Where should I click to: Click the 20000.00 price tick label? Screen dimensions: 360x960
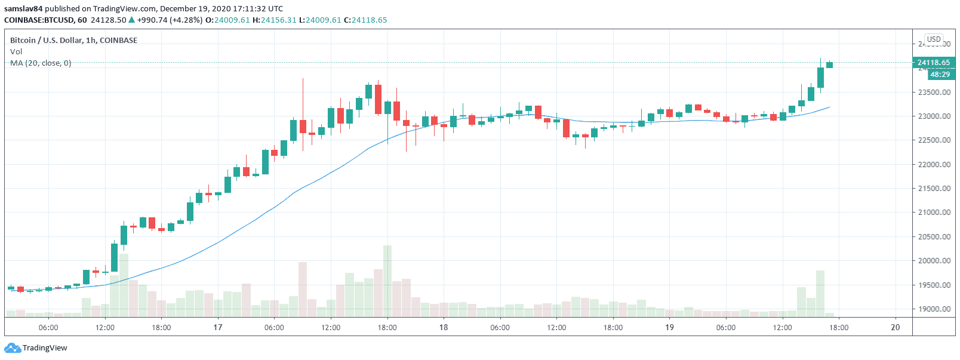(934, 261)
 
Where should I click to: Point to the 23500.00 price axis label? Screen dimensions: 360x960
(934, 93)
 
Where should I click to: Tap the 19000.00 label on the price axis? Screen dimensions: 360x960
(934, 309)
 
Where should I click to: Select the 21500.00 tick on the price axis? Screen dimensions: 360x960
(934, 189)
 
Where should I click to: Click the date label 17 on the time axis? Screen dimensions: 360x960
(218, 327)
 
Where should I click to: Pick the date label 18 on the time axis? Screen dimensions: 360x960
(444, 327)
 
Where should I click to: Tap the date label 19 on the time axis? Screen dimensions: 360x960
(669, 327)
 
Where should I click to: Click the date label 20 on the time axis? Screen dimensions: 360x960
(895, 327)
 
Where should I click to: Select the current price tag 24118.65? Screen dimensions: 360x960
(933, 63)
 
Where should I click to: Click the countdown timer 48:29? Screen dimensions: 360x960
(940, 75)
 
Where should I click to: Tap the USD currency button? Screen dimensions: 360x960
(934, 39)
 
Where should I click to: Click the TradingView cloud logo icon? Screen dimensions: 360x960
(13, 348)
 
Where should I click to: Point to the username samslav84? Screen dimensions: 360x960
(23, 9)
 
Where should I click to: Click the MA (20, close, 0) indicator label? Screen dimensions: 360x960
(41, 63)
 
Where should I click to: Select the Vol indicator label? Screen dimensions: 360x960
(16, 52)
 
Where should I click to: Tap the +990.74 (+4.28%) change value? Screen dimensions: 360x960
(170, 20)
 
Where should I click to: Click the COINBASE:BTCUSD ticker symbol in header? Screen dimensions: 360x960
(39, 20)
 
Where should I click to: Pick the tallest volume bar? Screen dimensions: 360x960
(387, 281)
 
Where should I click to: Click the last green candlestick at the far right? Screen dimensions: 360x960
(830, 64)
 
